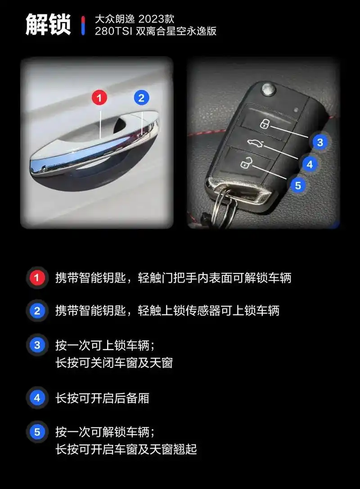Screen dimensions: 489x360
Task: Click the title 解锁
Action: tap(48, 25)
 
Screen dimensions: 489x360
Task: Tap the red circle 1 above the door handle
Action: tap(99, 97)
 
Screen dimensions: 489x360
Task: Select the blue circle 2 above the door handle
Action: tap(141, 97)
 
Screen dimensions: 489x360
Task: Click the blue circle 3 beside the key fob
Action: tap(320, 143)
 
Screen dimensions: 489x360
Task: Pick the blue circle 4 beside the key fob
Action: tap(309, 164)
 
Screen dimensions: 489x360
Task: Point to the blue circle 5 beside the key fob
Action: tap(297, 185)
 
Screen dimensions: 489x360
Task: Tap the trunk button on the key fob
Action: tap(253, 143)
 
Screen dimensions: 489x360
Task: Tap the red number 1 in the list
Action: tap(37, 278)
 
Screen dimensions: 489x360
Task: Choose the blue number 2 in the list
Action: tap(37, 310)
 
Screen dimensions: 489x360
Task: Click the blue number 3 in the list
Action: tap(37, 345)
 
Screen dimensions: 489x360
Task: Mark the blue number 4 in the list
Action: tap(37, 398)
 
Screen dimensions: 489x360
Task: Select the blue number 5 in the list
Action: tap(37, 432)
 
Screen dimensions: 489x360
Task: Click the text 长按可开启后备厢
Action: tap(102, 398)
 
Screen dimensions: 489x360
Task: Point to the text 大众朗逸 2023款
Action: tap(134, 19)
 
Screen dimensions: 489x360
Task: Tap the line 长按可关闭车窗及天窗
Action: tap(114, 363)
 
